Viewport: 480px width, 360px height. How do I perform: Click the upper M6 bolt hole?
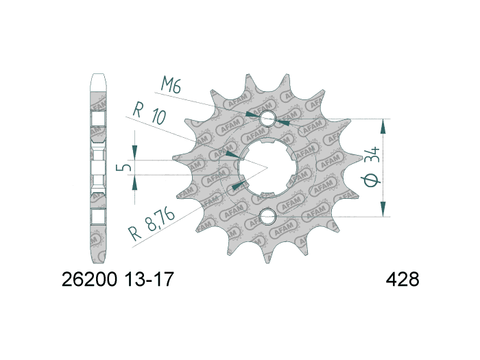click(x=267, y=119)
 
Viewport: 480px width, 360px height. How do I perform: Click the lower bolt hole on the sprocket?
click(x=267, y=217)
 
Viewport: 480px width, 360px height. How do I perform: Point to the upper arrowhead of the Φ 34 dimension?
click(x=383, y=125)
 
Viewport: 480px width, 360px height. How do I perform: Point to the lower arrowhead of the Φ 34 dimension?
click(x=383, y=211)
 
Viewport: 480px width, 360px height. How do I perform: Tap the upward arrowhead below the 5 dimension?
click(x=135, y=181)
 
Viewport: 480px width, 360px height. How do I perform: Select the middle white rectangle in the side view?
click(x=98, y=168)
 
